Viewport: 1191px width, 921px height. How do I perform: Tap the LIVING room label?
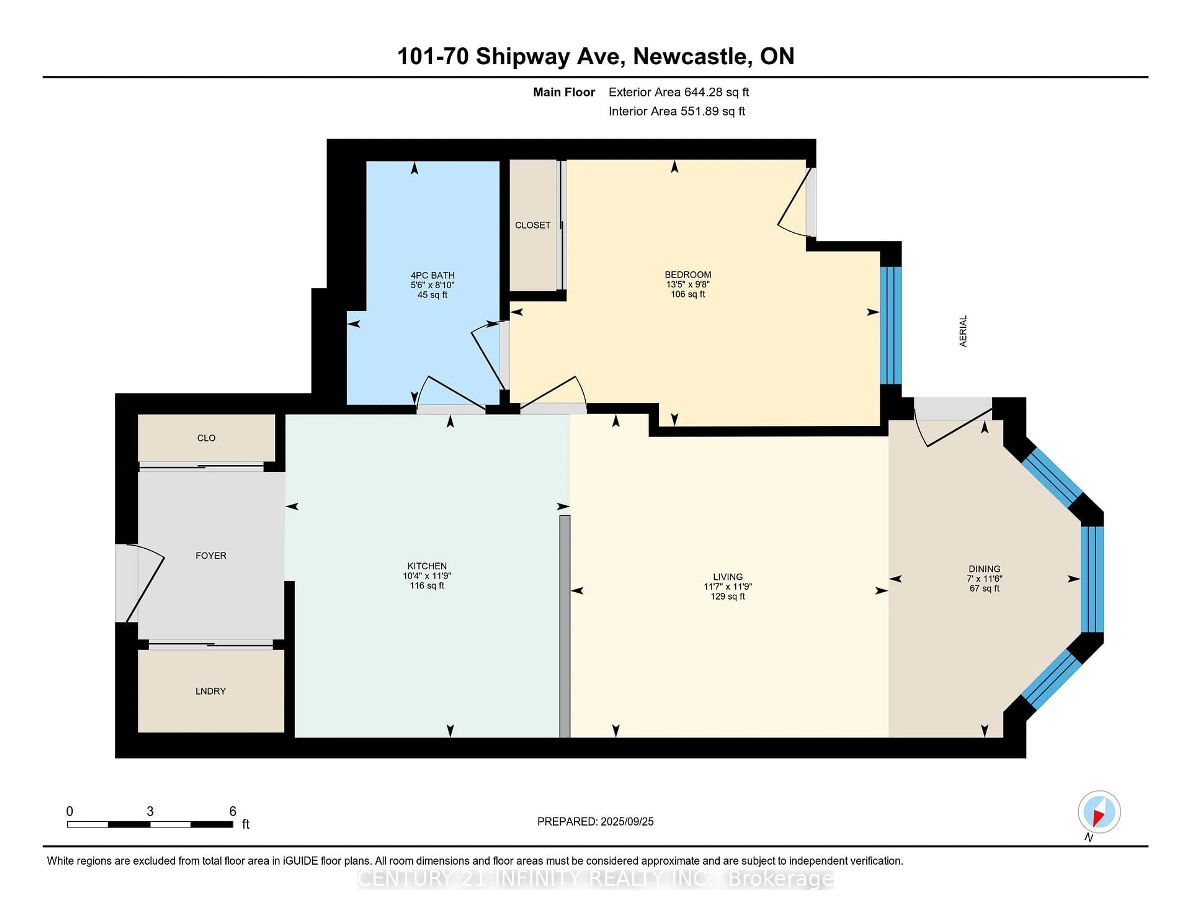pyautogui.click(x=727, y=577)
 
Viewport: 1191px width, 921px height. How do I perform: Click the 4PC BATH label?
pyautogui.click(x=432, y=276)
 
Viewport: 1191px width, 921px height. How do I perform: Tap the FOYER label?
pyautogui.click(x=211, y=555)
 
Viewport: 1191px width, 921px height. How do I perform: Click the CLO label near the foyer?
pyautogui.click(x=206, y=438)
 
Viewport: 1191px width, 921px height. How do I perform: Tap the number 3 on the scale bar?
pyautogui.click(x=150, y=811)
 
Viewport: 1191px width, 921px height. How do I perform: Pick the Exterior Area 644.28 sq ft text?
pyautogui.click(x=678, y=92)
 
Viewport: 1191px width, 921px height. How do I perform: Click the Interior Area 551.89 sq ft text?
pyautogui.click(x=676, y=111)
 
